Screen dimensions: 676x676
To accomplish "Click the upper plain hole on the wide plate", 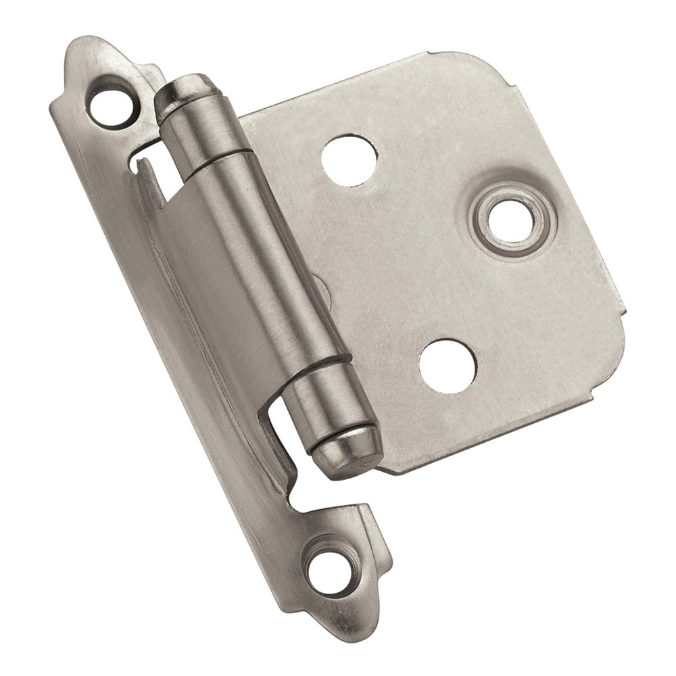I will [349, 160].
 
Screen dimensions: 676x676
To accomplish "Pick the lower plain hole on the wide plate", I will [447, 366].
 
